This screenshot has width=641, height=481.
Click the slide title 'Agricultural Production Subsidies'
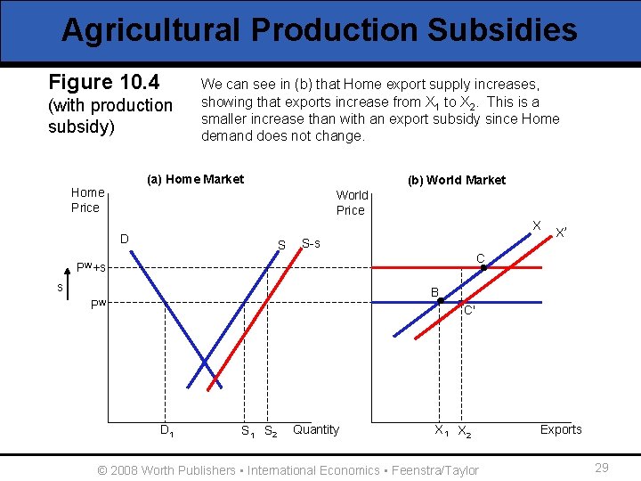(320, 30)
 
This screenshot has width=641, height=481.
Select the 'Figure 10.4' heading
(103, 83)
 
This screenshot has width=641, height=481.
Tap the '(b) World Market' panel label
(456, 180)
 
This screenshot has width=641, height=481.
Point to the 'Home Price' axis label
(87, 200)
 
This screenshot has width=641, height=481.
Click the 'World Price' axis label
(352, 202)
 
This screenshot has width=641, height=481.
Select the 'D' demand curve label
(126, 239)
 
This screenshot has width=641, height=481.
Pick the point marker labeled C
(483, 267)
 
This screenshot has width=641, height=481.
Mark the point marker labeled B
(440, 301)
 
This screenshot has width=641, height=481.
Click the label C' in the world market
(469, 311)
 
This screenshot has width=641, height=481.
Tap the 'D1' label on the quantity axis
(166, 431)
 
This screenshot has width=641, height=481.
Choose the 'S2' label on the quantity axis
(271, 432)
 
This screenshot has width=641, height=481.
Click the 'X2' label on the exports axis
(464, 432)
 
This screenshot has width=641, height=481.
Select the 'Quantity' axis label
(316, 429)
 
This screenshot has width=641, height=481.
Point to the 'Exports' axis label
(561, 429)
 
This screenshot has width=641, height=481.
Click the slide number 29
(601, 468)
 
